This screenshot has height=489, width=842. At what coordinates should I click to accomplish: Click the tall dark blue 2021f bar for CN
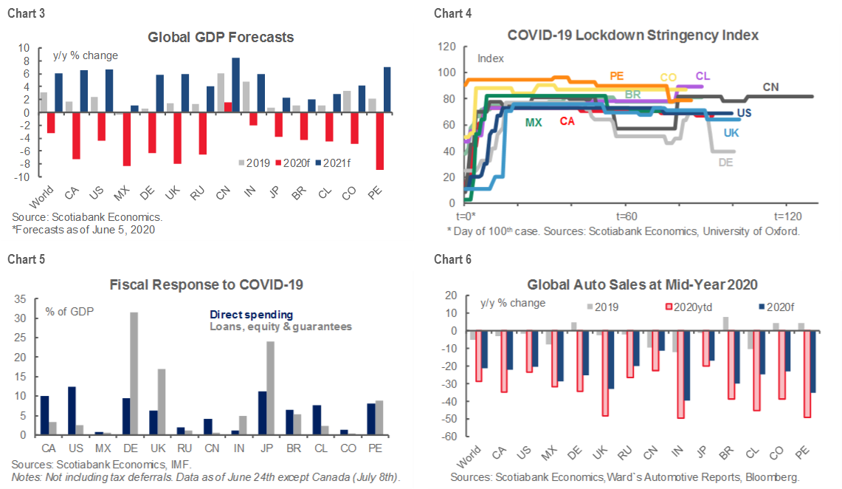pos(235,85)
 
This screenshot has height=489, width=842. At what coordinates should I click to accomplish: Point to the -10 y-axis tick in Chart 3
pos(23,177)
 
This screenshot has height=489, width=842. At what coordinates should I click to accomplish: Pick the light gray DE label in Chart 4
pos(725,163)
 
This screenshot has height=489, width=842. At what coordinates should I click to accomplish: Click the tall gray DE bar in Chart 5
pos(134,374)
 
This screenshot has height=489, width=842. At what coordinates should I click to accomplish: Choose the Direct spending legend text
pos(251,315)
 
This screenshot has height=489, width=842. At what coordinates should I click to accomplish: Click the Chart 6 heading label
pos(452,259)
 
